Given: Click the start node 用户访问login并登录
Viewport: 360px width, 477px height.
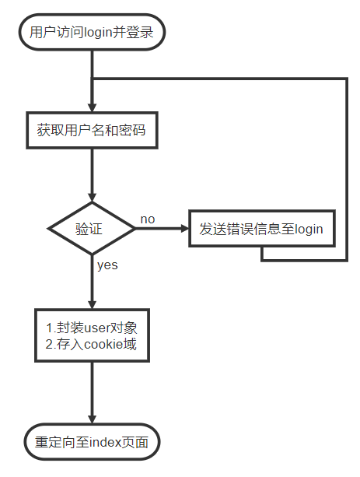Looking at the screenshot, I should pyautogui.click(x=92, y=32).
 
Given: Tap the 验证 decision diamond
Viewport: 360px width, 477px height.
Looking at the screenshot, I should pyautogui.click(x=92, y=230).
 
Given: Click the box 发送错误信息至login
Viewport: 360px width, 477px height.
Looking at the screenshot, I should pyautogui.click(x=261, y=230).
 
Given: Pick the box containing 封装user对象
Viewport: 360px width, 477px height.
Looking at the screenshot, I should pyautogui.click(x=92, y=335).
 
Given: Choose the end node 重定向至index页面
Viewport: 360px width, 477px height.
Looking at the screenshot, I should pyautogui.click(x=92, y=443).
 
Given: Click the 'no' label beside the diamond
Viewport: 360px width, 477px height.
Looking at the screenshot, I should pyautogui.click(x=147, y=219).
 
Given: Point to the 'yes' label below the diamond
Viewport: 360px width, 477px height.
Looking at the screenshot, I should pyautogui.click(x=107, y=265).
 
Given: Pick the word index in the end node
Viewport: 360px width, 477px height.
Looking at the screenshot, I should pyautogui.click(x=103, y=444).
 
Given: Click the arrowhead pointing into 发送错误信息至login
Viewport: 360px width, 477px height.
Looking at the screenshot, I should pyautogui.click(x=183, y=230).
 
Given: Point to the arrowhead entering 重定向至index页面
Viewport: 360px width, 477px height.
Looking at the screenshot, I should pyautogui.click(x=92, y=419).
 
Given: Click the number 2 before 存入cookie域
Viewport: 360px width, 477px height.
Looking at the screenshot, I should pyautogui.click(x=49, y=344).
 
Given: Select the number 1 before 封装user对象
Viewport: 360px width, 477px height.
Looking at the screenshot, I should pyautogui.click(x=49, y=328).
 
